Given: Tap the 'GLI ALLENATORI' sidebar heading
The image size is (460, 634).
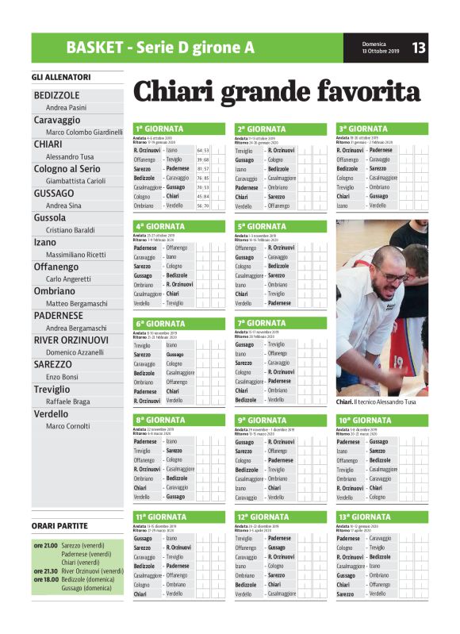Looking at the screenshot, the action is [61, 77].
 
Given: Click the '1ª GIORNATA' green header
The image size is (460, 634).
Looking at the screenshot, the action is [159, 129].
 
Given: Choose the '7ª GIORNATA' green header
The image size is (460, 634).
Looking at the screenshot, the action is [261, 323].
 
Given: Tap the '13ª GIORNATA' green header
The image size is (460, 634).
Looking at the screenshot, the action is [363, 517].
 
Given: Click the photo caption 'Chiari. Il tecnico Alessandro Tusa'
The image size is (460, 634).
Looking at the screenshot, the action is [376, 402].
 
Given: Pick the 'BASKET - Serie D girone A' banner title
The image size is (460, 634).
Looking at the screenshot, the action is [160, 48].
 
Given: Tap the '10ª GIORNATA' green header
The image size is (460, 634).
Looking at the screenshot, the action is [364, 420].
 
